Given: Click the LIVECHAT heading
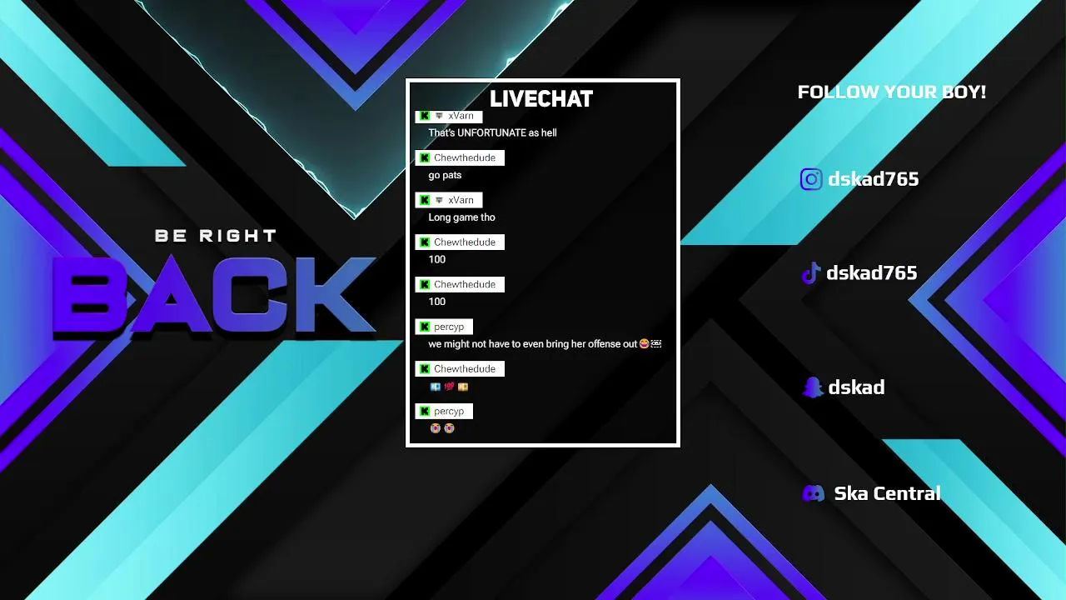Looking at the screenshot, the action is pos(541,99).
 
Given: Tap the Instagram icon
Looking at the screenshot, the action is pos(811,179).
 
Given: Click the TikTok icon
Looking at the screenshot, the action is pos(811,273).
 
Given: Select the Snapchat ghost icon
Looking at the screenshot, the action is pos(813,387).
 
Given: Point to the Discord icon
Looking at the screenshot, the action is pos(814,493).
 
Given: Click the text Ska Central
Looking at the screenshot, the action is pos(887,493).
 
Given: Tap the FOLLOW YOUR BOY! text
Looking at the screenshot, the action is pos(891,92).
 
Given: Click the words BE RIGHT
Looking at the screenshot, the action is pos(216,236).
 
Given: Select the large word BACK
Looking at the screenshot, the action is pos(214,294).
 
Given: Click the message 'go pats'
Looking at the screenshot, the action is pos(445,175).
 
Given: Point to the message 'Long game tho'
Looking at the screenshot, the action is pos(461,217).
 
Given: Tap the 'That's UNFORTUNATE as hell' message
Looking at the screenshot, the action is pos(492,132).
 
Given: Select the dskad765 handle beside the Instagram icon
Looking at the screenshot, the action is pos(874,179).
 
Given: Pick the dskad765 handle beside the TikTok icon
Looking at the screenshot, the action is pos(871,273).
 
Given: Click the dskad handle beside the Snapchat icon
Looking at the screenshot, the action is pos(857,387).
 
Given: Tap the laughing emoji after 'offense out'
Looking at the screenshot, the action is pos(644,343).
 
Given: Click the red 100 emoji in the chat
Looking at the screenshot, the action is pos(449,387).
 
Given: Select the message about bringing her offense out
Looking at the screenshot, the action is pos(545,344).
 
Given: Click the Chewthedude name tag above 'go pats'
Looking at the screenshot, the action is pos(460,158).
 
